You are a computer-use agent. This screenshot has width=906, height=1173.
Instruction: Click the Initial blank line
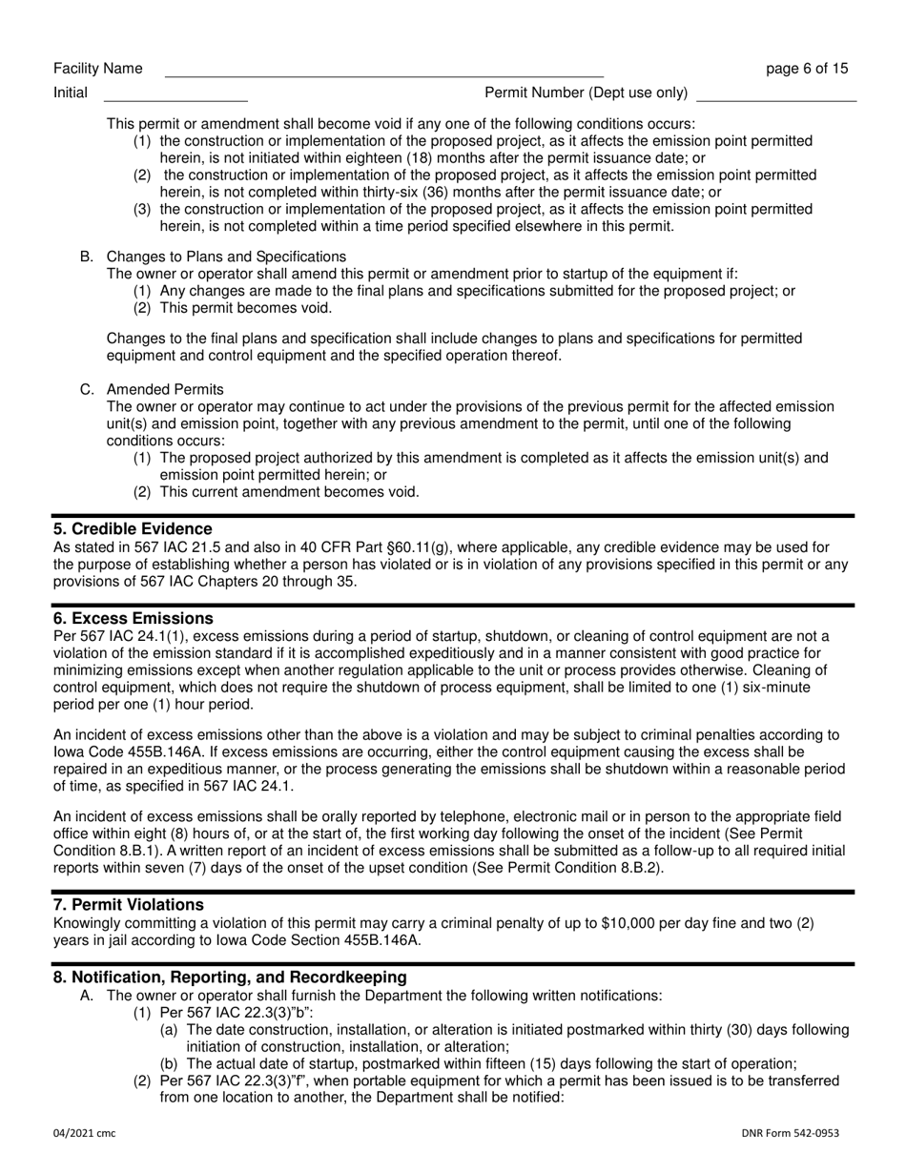click(175, 95)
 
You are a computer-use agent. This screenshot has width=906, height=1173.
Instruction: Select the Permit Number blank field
click(776, 95)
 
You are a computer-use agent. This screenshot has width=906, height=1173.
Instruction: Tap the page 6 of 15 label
click(807, 69)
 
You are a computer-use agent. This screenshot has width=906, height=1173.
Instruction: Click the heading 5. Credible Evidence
click(133, 529)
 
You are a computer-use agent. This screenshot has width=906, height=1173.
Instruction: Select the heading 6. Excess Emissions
click(133, 619)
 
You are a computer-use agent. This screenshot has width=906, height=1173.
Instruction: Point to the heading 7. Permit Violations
click(129, 904)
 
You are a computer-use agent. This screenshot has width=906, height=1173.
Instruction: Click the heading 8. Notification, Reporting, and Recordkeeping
click(230, 977)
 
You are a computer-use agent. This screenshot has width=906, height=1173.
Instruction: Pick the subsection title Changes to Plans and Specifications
click(226, 257)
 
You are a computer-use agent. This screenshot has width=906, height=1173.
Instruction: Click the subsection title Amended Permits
click(165, 389)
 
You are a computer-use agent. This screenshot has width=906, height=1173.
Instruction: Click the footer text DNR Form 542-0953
click(791, 1133)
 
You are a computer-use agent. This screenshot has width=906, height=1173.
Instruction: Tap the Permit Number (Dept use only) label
click(587, 93)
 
